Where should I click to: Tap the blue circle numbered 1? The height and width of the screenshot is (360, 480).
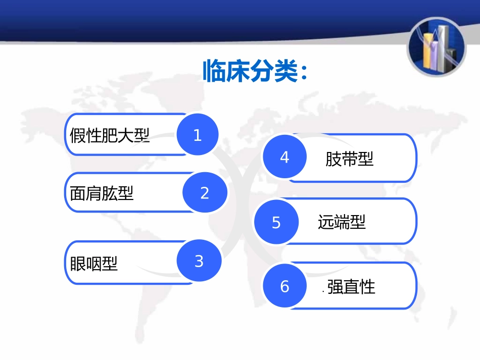(198, 135)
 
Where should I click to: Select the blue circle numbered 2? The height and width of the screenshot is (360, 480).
(205, 193)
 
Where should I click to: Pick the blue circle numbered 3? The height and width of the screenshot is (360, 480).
(199, 261)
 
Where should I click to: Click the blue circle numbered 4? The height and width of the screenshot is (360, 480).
(284, 157)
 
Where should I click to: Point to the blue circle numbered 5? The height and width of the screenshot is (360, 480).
(276, 222)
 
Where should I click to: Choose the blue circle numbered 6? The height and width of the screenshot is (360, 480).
(284, 286)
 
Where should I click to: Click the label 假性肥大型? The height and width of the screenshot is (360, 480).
(110, 135)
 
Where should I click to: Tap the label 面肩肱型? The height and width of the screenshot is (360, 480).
(102, 193)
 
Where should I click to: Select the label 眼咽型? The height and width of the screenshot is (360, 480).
(93, 263)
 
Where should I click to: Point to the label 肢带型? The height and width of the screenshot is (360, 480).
(349, 159)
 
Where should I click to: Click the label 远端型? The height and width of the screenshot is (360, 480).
(342, 222)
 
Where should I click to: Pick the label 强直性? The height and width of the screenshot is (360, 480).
(351, 287)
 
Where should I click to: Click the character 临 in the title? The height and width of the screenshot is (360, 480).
(214, 71)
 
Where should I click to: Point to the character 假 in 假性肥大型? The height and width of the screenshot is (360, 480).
(78, 135)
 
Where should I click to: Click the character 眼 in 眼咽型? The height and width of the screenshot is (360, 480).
(78, 263)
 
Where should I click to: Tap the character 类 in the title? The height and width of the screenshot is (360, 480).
(284, 71)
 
